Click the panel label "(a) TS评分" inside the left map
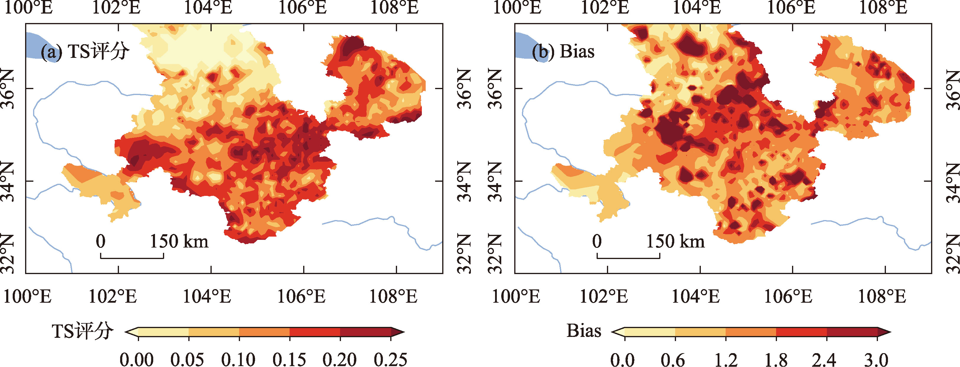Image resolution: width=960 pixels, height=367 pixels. point(85,51)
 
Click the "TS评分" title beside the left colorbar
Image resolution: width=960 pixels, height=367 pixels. point(82,331)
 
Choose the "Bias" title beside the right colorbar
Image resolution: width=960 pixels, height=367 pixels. point(584,331)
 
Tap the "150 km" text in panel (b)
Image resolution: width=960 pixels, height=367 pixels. point(675,241)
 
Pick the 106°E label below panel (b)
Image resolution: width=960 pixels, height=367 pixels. point(788,297)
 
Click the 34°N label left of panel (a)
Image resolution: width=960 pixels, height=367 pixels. point(8,181)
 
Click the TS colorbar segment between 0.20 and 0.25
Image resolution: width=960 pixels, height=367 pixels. point(365,331)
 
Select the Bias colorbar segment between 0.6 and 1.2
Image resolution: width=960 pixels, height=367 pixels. point(700,331)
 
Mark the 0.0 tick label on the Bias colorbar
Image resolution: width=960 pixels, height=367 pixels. point(622,360)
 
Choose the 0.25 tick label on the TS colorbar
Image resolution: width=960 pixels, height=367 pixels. point(391,360)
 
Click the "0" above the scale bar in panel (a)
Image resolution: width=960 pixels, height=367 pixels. point(101,241)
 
